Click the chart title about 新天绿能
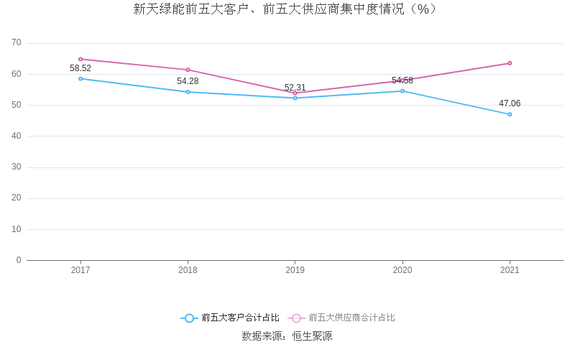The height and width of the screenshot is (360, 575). click(x=286, y=9)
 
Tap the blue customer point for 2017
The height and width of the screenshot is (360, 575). click(x=80, y=78)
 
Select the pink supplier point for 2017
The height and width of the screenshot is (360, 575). click(x=80, y=59)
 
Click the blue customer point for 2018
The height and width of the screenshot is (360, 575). click(x=188, y=92)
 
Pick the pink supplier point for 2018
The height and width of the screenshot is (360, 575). click(x=188, y=70)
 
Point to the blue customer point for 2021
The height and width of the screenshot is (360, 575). click(x=510, y=114)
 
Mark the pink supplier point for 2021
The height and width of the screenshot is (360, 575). click(x=510, y=63)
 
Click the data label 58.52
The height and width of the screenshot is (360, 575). click(x=80, y=68)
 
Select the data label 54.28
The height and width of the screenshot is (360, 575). click(x=188, y=81)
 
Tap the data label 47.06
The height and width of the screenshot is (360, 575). click(x=510, y=103)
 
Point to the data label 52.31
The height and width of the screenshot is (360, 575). click(x=295, y=88)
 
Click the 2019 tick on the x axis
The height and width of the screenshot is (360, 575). click(x=295, y=271)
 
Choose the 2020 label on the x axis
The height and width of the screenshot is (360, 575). click(x=402, y=271)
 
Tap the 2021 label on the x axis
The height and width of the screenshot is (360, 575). click(x=510, y=271)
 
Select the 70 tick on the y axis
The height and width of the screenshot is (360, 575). click(x=17, y=43)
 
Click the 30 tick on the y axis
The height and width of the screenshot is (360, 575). click(x=17, y=167)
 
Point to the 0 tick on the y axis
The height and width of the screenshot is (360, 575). click(x=19, y=260)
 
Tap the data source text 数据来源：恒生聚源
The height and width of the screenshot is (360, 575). click(x=287, y=336)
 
